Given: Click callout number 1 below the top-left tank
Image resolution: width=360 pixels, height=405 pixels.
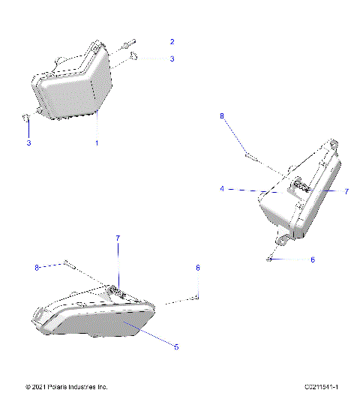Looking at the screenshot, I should pyautogui.click(x=96, y=142).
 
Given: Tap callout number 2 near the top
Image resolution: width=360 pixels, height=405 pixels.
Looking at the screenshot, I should pyautogui.click(x=172, y=41).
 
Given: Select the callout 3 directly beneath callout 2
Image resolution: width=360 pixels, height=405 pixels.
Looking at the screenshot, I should pyautogui.click(x=172, y=58).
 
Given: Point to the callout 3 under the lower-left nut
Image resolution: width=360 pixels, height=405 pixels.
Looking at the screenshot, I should pyautogui.click(x=29, y=142).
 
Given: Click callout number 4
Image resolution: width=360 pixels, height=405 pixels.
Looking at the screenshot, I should pyautogui.click(x=222, y=190).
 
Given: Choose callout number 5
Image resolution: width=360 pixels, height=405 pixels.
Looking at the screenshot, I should pyautogui.click(x=176, y=347).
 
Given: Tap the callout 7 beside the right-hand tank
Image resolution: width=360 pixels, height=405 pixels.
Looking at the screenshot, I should pyautogui.click(x=346, y=192).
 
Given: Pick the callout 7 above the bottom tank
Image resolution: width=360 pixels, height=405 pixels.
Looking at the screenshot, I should pyautogui.click(x=117, y=238).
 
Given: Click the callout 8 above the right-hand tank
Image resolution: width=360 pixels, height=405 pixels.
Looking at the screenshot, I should pyautogui.click(x=221, y=115).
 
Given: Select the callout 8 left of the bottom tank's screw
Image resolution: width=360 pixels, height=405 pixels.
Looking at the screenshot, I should pyautogui.click(x=36, y=267).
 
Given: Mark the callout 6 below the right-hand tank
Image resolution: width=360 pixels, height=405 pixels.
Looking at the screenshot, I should pyautogui.click(x=313, y=259).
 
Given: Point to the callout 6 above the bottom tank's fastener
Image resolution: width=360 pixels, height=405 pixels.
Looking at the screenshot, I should pyautogui.click(x=198, y=267).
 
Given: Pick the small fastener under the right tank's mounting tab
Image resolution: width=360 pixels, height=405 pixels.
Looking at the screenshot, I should pyautogui.click(x=269, y=258).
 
